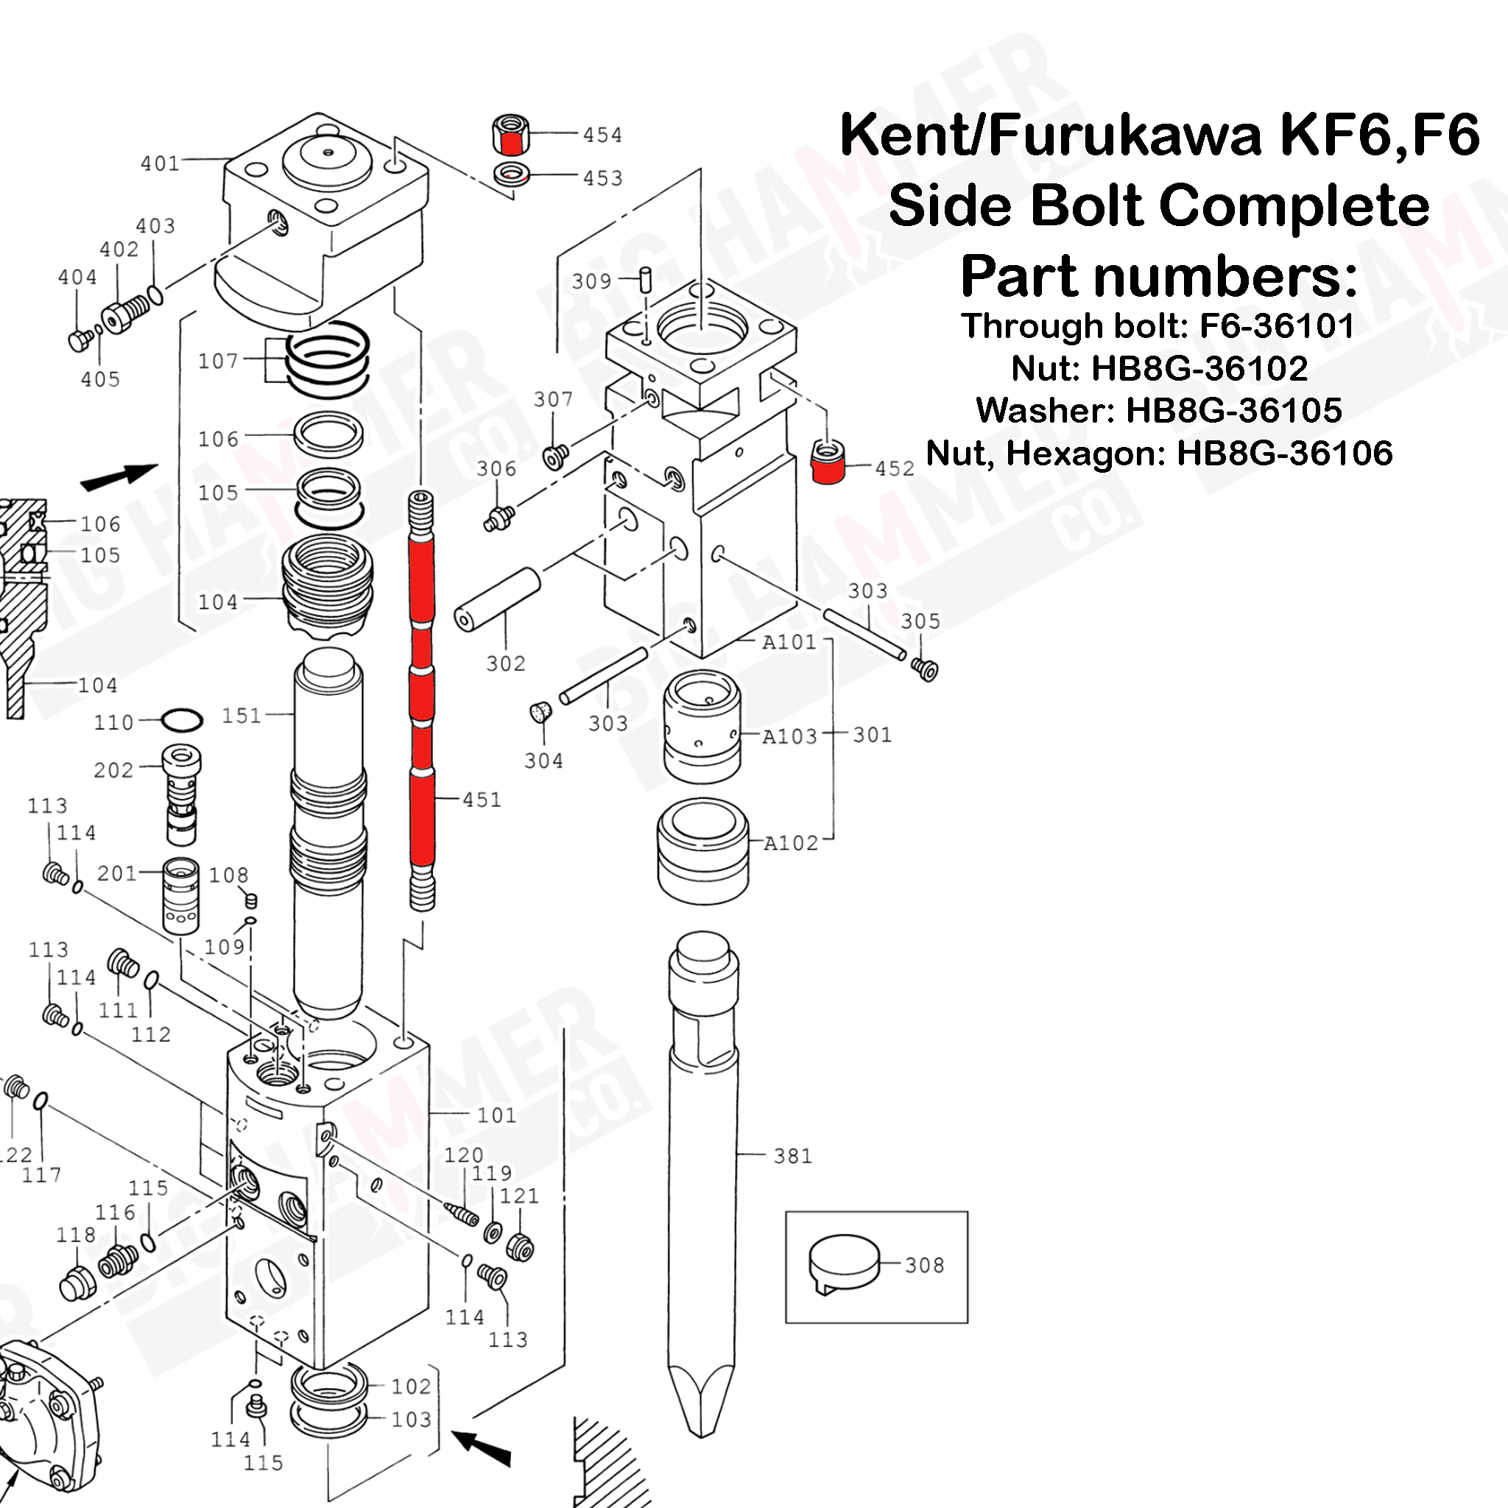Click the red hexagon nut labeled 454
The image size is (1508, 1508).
(x=511, y=135)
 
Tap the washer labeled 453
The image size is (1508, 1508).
(x=512, y=173)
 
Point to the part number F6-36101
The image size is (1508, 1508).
(x=1277, y=326)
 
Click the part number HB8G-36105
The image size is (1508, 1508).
(x=1233, y=411)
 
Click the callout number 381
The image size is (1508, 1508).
(x=792, y=1155)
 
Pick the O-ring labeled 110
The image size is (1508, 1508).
(x=182, y=719)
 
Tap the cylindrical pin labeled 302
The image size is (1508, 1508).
(x=498, y=599)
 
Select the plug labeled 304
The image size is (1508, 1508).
(x=541, y=712)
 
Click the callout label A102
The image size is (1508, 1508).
(x=790, y=843)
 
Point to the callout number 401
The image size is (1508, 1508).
(x=160, y=163)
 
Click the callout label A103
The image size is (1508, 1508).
(x=789, y=736)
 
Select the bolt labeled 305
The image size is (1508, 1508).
(x=925, y=669)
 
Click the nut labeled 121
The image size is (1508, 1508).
(x=520, y=1247)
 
